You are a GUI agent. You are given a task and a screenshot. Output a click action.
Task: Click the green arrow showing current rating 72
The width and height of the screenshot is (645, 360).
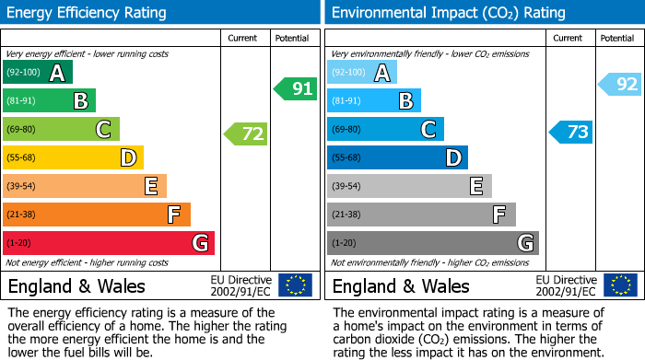(246, 134)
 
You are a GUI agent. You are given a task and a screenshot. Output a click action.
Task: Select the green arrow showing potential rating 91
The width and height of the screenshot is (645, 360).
(296, 89)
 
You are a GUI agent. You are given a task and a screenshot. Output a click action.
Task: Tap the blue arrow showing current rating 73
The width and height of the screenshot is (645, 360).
(570, 132)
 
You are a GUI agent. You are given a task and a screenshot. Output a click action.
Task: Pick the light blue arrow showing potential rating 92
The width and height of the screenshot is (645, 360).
(620, 85)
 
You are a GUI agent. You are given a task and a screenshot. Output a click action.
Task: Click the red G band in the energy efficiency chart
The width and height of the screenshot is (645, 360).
(109, 243)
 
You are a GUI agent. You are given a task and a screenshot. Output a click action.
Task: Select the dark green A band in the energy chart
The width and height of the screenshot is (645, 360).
(38, 73)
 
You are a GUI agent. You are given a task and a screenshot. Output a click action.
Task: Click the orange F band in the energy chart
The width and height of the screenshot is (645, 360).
(97, 215)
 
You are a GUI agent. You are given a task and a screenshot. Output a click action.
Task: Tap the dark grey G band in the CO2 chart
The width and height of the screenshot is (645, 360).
(432, 243)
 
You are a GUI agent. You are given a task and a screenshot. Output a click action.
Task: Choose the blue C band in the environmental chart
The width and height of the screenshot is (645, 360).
(385, 130)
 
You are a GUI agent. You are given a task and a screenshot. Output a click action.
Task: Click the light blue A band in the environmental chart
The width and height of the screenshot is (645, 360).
(362, 73)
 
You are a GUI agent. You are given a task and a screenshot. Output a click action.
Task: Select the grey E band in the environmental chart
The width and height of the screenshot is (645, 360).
(409, 186)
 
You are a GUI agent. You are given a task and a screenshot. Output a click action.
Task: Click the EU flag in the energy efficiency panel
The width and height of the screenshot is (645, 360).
(295, 285)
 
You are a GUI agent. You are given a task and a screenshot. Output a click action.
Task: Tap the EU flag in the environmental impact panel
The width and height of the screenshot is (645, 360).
(619, 285)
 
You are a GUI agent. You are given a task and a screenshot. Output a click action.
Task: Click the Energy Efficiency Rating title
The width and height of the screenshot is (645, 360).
(87, 13)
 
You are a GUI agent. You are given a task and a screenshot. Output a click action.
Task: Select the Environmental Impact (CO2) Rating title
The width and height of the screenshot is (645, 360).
(448, 13)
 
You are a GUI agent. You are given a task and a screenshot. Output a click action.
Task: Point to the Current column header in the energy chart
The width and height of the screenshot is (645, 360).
(242, 38)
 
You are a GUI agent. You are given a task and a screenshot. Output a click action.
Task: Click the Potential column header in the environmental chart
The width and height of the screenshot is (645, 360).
(616, 38)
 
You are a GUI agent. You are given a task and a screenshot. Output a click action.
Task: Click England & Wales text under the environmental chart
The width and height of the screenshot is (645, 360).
(401, 286)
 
